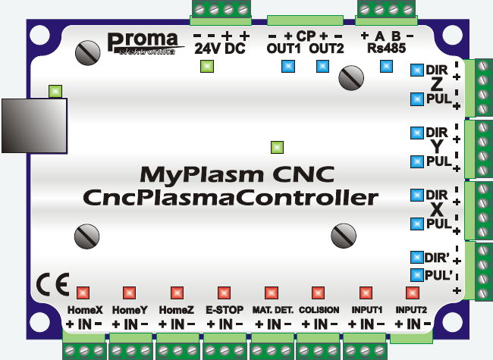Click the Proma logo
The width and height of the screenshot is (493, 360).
142,42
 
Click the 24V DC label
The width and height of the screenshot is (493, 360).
220,49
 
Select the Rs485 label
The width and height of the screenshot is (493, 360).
385,49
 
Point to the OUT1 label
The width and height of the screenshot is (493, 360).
284,49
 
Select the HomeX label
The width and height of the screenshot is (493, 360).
85,311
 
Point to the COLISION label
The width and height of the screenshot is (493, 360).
319,311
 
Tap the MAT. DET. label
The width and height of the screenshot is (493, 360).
272,311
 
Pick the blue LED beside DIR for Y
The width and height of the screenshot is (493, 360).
416,133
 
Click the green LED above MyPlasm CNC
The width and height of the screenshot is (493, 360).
278,147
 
